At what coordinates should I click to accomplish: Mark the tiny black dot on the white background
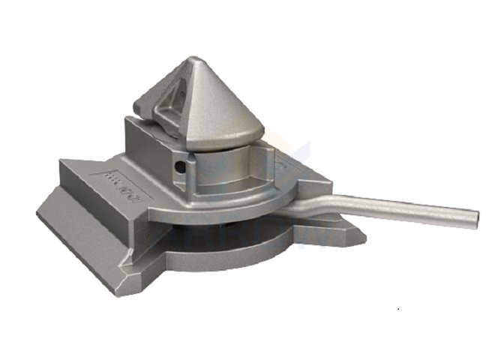point(399,307)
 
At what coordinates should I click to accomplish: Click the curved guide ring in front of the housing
point(225,199)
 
